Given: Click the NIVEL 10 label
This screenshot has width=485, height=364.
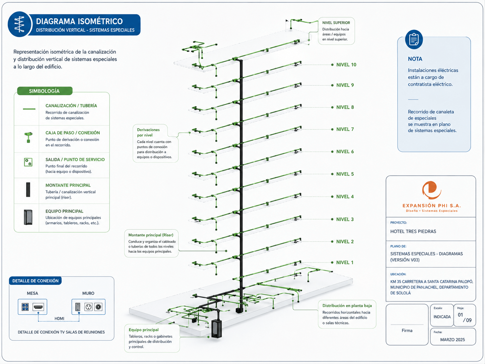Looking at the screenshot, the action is coord(346,65).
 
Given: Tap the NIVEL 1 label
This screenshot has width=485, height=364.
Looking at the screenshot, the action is coord(345,262).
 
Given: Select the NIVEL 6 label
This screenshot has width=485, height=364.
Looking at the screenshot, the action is coord(345,151).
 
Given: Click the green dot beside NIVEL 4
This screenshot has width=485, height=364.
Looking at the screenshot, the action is coord(332,197).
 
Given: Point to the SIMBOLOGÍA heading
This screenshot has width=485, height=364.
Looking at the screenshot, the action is coord(44,91).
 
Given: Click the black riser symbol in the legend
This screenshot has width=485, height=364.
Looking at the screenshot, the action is coord(28,190).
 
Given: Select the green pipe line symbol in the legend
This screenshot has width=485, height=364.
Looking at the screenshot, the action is coord(29,109).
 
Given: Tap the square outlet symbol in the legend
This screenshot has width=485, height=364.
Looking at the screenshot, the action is coord(28,162).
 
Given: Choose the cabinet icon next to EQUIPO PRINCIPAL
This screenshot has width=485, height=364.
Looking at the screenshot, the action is coord(28,217).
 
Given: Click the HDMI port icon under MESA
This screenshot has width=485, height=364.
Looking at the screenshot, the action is coord(38,307).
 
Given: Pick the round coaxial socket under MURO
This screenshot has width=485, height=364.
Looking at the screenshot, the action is coord(98,307).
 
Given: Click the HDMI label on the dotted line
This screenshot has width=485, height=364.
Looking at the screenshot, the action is coord(59,318).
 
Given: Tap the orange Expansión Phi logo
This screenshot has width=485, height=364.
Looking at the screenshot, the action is coord(431,190).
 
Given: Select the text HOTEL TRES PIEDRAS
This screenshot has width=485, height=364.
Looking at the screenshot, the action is coord(413,231).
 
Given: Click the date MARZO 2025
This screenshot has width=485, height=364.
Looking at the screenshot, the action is coord(453,340).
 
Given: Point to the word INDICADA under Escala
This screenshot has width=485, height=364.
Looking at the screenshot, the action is coord(442,317).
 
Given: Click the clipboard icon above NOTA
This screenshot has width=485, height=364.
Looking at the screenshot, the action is coord(414,39).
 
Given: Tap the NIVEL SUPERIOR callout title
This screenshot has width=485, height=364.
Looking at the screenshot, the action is coord(336,23).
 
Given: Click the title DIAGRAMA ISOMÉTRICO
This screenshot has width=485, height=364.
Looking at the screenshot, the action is coord(79,21).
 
